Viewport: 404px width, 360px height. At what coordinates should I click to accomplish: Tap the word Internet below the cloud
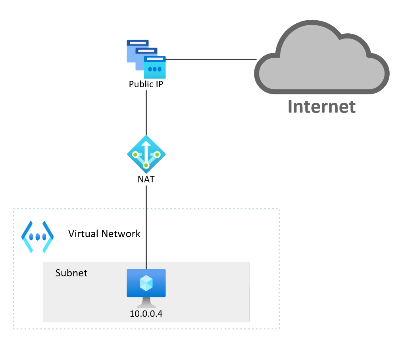321,106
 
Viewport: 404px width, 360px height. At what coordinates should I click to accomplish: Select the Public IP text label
146,84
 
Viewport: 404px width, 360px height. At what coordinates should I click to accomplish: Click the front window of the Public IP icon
154,67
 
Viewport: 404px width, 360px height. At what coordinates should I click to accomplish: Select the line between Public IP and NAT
146,113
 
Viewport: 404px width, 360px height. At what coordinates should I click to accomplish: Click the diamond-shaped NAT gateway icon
146,155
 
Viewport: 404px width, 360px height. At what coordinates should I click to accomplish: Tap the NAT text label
146,179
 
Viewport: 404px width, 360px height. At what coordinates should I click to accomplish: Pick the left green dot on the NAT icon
136,154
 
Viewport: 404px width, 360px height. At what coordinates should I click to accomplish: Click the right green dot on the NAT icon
157,154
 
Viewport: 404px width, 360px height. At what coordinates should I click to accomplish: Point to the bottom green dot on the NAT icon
146,165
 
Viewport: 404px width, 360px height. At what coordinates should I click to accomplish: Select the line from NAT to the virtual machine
146,226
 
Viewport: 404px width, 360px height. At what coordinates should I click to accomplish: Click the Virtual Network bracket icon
38,237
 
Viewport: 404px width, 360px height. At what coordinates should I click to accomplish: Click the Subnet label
71,273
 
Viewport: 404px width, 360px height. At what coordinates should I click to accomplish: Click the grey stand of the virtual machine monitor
146,303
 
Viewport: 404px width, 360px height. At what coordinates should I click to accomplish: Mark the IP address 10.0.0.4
146,314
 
